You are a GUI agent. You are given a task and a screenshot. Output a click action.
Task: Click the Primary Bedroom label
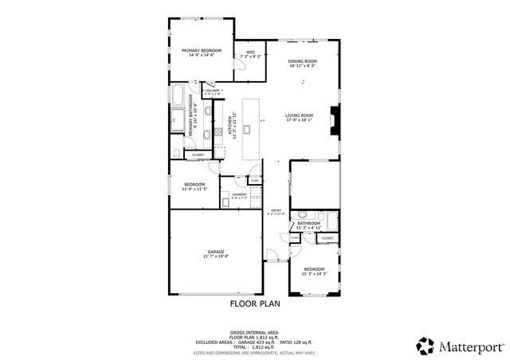(201, 53)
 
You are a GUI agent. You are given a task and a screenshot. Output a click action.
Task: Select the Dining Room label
(303, 64)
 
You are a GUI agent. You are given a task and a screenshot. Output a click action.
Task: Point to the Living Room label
(300, 118)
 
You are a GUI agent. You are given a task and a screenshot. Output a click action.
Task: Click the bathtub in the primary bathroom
(178, 97)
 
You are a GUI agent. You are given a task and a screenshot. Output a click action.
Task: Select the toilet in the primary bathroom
(175, 152)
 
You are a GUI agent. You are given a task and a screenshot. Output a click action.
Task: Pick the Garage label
(215, 253)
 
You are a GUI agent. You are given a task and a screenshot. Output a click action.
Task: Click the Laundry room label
(239, 195)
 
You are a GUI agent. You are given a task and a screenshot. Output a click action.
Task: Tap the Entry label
(276, 212)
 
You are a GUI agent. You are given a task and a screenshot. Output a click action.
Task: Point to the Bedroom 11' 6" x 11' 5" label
(194, 186)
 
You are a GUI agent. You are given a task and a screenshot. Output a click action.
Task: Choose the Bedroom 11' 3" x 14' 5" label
(314, 272)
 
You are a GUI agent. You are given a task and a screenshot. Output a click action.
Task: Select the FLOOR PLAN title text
(255, 303)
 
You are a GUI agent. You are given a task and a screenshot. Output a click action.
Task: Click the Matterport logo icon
(424, 345)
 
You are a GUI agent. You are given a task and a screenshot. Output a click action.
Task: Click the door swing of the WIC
(238, 70)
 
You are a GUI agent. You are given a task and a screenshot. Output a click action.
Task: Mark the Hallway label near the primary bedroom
(212, 92)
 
